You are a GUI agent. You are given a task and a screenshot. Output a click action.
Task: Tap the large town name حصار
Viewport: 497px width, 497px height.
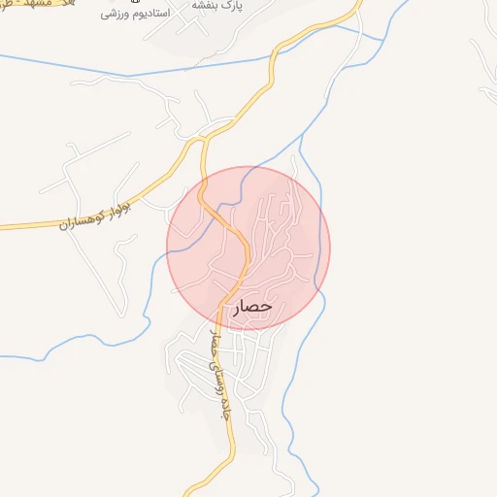pyautogui.click(x=254, y=308)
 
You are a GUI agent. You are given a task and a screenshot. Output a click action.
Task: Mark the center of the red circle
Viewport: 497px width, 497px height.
pyautogui.click(x=248, y=248)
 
